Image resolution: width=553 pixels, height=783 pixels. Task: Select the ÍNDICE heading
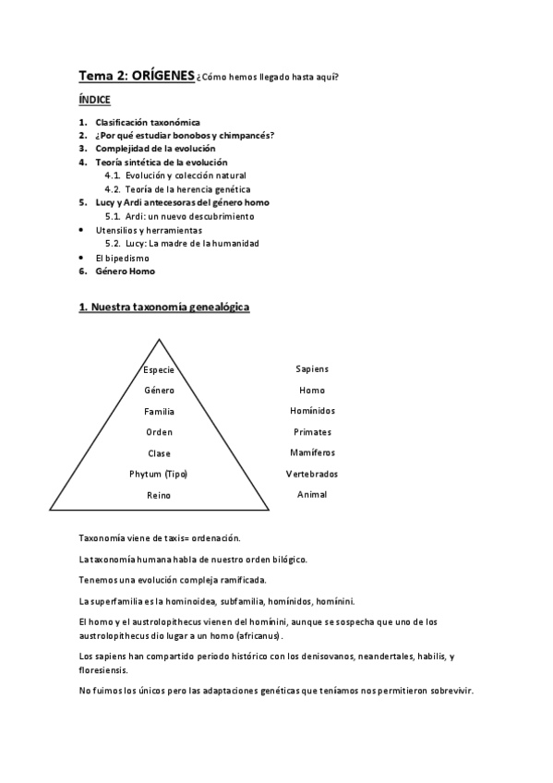coord(95,100)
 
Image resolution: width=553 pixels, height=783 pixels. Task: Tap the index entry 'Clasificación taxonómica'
coord(148,122)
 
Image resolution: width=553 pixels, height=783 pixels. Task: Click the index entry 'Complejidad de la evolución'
coord(155,149)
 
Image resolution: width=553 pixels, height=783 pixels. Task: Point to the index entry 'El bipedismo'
coord(122,258)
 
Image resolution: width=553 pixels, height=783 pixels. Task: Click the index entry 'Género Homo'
coord(125,271)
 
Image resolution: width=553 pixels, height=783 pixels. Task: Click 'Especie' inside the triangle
coord(159,369)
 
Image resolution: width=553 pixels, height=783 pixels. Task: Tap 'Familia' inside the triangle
coord(159,412)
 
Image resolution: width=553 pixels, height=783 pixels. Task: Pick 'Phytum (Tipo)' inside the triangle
coord(159,474)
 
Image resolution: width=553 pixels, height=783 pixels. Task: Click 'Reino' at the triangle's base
coord(159,495)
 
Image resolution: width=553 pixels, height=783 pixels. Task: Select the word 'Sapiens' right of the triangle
coord(312,369)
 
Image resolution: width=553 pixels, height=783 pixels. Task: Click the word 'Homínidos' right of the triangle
coord(312,411)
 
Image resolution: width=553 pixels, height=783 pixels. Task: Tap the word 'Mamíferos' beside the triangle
coord(312,452)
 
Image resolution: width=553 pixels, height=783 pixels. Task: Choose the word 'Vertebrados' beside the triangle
coord(312,474)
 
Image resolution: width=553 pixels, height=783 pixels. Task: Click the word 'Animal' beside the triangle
coord(312,494)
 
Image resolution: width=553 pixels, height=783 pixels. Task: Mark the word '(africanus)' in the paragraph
coord(255,636)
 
